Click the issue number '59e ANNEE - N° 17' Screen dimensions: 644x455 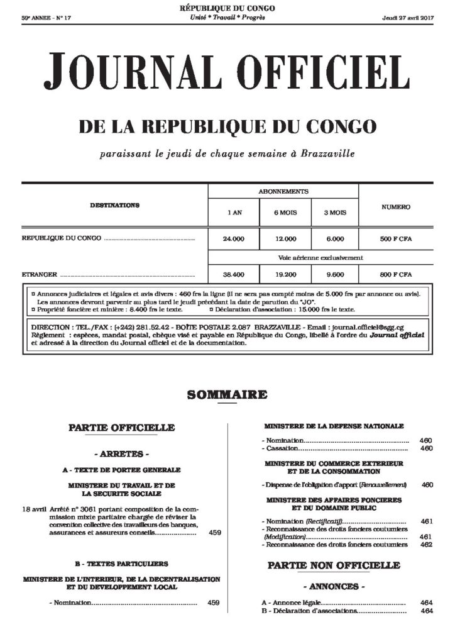point(47,18)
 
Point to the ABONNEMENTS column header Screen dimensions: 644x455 point(283,191)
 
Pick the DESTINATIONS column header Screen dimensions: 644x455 point(114,206)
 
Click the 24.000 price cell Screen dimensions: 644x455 point(233,239)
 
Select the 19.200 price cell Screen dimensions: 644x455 point(285,274)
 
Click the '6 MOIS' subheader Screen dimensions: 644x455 point(285,213)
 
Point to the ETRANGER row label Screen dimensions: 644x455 point(40,274)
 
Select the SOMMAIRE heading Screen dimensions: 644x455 point(227,395)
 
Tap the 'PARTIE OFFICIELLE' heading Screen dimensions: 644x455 point(130,428)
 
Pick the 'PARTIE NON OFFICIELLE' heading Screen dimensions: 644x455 point(334,565)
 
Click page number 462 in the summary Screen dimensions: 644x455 point(427,545)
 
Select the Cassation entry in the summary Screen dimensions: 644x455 point(280,449)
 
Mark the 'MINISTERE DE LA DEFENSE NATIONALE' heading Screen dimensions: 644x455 point(334,426)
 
